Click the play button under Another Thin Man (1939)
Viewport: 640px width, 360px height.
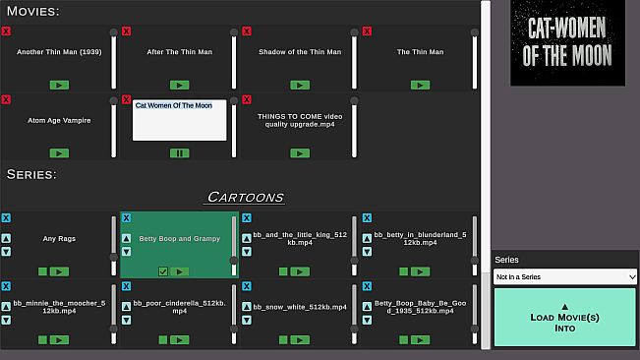coord(59,85)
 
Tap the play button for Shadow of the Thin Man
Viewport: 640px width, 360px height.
coord(300,85)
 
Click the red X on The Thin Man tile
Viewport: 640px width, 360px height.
coord(367,31)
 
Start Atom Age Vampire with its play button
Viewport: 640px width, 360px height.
coord(59,153)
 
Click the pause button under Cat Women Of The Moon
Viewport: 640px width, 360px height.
coord(180,153)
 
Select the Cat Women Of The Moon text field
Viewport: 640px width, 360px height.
coord(180,120)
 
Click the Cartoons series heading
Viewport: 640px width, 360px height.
coord(246,197)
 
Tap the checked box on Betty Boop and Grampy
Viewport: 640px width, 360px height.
coord(163,271)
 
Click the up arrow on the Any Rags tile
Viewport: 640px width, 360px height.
coord(6,238)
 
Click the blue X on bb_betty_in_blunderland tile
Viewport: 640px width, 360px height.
coord(367,218)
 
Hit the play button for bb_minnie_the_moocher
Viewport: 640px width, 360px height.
coord(59,339)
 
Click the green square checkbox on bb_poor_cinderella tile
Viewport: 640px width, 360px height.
coord(163,339)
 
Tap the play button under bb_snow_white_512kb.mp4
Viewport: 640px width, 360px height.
coord(300,339)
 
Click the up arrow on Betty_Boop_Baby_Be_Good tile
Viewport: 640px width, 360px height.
coord(367,307)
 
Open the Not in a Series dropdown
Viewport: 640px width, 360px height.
coord(565,276)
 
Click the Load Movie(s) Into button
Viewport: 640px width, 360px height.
coord(565,317)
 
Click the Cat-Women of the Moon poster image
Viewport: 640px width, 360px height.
coord(568,42)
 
